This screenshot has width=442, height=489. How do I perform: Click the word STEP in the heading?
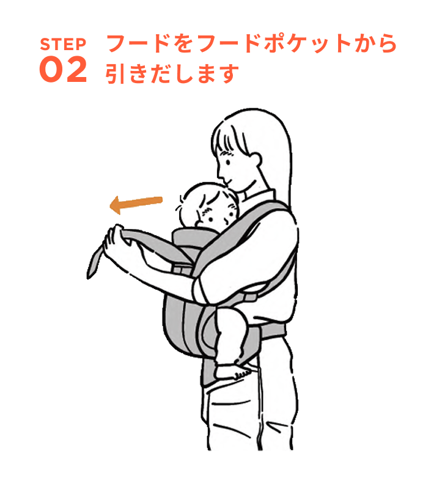(63, 45)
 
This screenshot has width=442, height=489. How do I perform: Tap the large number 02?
(63, 71)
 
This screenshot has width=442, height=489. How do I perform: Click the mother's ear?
(255, 160)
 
